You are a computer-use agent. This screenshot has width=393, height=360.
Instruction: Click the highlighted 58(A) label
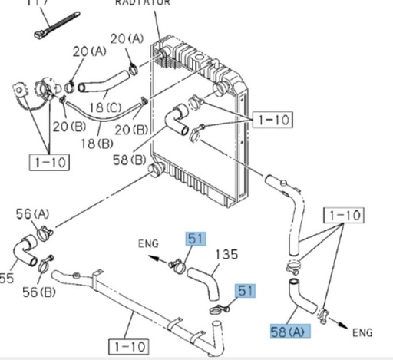[x=286, y=332]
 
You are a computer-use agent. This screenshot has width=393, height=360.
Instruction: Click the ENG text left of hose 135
[x=147, y=244]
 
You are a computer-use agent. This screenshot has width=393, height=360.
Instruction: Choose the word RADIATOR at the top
[x=141, y=3]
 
